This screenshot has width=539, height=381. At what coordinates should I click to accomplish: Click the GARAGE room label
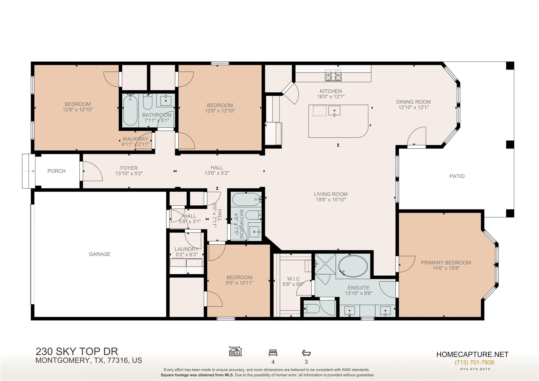(x=99, y=254)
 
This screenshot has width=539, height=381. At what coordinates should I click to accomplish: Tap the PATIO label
(x=457, y=176)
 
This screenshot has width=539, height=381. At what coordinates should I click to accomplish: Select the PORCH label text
(x=56, y=171)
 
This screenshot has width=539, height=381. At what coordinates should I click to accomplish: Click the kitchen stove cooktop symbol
(x=333, y=75)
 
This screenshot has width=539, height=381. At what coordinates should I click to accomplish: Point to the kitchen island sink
(x=334, y=111)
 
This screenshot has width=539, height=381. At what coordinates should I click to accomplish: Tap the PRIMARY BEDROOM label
(x=446, y=263)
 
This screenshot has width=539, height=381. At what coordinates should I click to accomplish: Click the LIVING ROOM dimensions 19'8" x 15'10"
(x=331, y=200)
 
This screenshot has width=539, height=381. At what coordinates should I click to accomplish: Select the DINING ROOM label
(x=413, y=102)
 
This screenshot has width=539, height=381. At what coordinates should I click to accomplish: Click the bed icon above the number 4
(x=273, y=353)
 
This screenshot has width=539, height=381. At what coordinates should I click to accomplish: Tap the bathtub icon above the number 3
(x=306, y=353)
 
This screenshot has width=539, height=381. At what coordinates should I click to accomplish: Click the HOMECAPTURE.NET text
(x=472, y=354)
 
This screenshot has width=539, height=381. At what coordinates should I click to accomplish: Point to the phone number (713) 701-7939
(x=474, y=362)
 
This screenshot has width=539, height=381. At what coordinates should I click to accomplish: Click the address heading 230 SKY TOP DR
(x=77, y=352)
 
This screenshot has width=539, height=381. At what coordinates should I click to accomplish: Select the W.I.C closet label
(x=293, y=279)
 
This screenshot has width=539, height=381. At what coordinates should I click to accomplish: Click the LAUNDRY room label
(x=186, y=249)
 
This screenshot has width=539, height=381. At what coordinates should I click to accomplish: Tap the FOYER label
(x=129, y=168)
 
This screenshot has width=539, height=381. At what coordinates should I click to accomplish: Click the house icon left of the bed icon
(x=235, y=352)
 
